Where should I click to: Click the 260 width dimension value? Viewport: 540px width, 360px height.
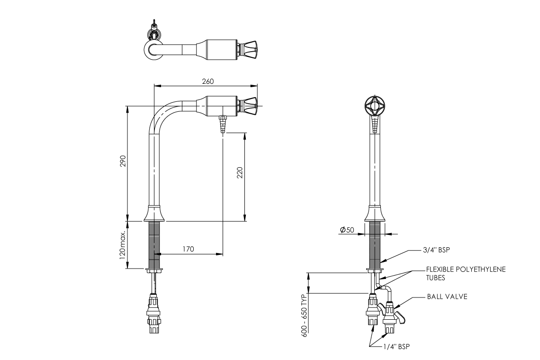tap(208, 81)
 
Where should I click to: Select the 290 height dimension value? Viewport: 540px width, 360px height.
tap(122, 162)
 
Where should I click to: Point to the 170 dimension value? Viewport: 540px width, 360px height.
tap(188, 249)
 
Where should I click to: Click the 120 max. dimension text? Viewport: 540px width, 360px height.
tap(122, 245)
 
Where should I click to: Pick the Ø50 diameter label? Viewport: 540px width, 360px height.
tap(347, 230)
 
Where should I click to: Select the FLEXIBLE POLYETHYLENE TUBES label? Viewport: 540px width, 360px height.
tap(465, 273)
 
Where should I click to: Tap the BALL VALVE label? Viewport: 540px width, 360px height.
tap(447, 297)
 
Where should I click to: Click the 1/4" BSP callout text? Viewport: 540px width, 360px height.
tap(396, 347)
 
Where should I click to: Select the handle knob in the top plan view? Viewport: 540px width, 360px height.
tap(249, 49)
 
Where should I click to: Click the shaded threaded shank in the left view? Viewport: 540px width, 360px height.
tap(154, 245)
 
